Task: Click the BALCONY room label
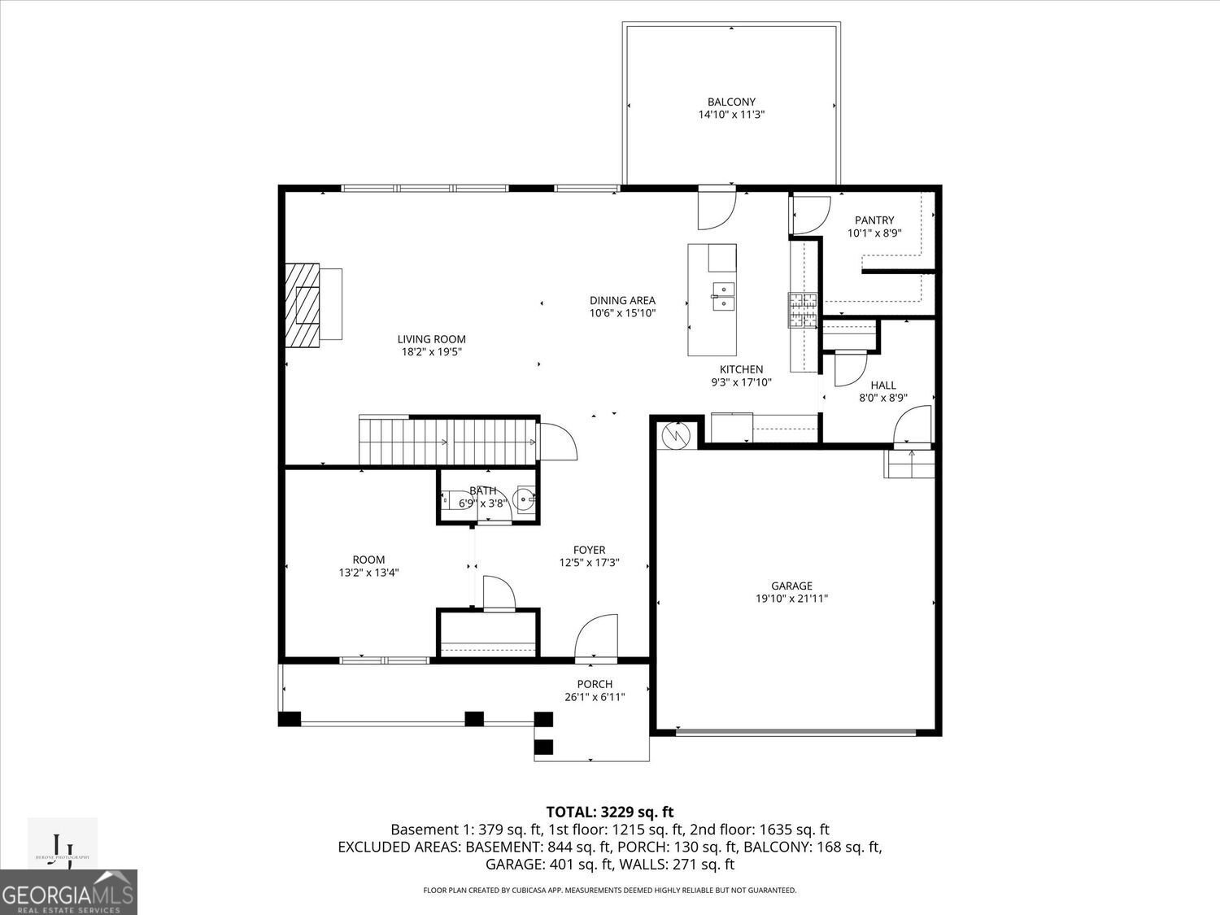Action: pyautogui.click(x=731, y=102)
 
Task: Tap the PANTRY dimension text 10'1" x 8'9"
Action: pyautogui.click(x=874, y=233)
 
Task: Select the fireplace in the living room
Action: pyautogui.click(x=303, y=305)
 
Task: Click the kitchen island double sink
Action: pyautogui.click(x=722, y=296)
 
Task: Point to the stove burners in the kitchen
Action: pyautogui.click(x=802, y=310)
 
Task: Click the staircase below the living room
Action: pyautogui.click(x=448, y=440)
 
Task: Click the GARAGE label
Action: pyautogui.click(x=791, y=586)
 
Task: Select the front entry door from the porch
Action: pyautogui.click(x=596, y=640)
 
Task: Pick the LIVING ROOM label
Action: pyautogui.click(x=431, y=339)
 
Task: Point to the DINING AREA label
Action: pyautogui.click(x=622, y=300)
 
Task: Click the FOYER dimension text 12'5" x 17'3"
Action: pyautogui.click(x=589, y=562)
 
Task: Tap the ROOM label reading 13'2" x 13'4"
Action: pyautogui.click(x=368, y=572)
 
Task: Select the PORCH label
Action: pyautogui.click(x=595, y=684)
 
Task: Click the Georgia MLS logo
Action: pyautogui.click(x=68, y=891)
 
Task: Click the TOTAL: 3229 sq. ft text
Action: pyautogui.click(x=609, y=811)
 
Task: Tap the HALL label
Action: pyautogui.click(x=883, y=386)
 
